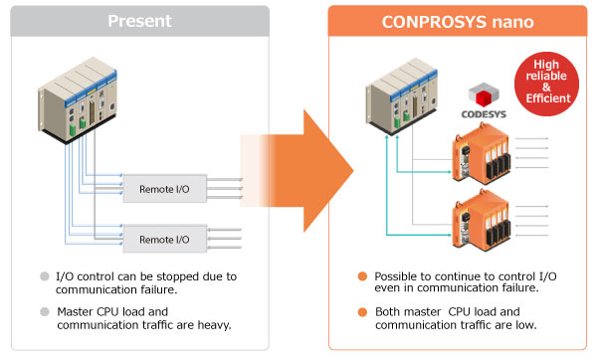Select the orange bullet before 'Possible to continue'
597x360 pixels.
click(364, 276)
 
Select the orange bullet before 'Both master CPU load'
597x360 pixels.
click(364, 310)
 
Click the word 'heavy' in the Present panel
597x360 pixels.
click(214, 324)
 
